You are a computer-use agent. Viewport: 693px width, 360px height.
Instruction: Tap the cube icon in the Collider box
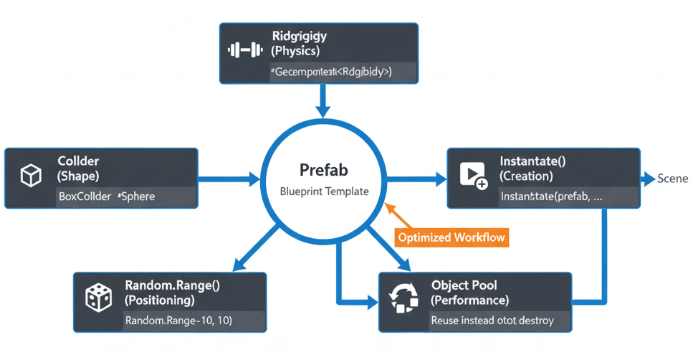[x=29, y=176]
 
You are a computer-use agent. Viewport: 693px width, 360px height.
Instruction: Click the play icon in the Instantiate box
[x=472, y=175]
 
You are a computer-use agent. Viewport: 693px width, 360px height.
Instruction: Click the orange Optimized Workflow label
[x=451, y=237]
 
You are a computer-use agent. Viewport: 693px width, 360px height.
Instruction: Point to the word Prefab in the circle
[x=323, y=170]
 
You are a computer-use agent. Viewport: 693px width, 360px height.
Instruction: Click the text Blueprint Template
[x=323, y=192]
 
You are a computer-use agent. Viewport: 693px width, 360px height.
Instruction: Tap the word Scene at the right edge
[x=672, y=179]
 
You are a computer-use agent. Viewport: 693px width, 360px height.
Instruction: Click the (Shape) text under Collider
[x=78, y=176]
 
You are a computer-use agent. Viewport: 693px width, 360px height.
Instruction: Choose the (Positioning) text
[x=159, y=300]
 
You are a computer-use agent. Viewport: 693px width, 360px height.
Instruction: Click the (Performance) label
[x=470, y=300]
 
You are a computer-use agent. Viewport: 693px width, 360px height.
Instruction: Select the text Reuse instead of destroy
[x=492, y=321]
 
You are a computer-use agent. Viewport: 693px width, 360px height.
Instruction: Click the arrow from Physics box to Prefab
[x=323, y=100]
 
